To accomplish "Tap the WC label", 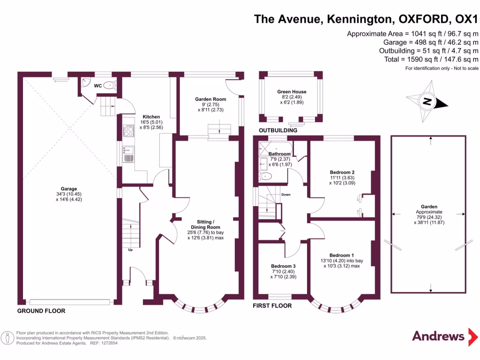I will point(98,86).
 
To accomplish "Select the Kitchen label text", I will point(151,117).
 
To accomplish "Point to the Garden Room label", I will point(210,99).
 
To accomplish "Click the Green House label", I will point(292,92).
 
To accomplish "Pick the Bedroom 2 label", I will point(342,172).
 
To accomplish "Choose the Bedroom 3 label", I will point(283,266).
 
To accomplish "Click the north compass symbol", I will point(427,100).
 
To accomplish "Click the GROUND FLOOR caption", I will point(41,311).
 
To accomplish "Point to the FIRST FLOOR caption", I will point(272,306).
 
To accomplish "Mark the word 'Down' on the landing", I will point(286,194).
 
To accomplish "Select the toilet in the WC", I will point(109,85).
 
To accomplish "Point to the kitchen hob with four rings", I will point(128,131).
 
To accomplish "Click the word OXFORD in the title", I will point(422,19).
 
